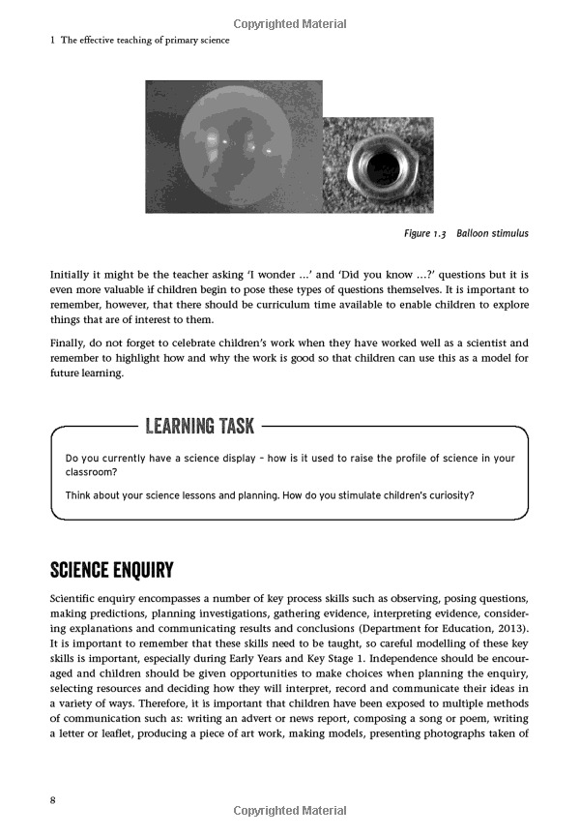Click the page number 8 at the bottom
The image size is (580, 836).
click(x=54, y=799)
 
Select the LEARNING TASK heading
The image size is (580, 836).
click(x=199, y=426)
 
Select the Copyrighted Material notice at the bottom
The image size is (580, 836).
click(x=289, y=811)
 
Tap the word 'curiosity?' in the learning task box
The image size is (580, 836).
click(x=445, y=496)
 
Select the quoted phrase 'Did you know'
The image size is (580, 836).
click(x=363, y=274)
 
